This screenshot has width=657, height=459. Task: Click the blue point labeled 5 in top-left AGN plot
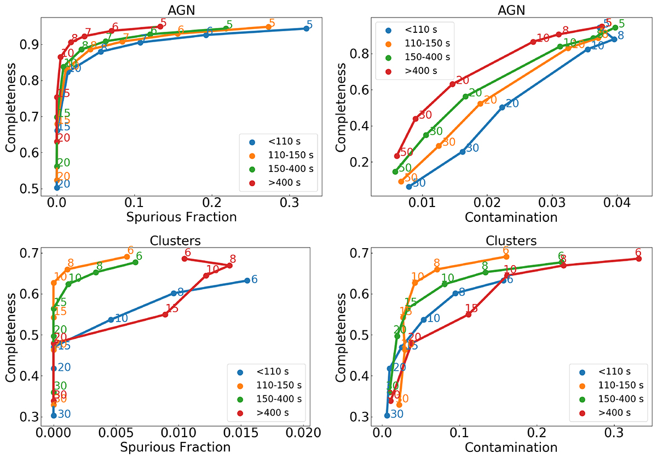pyautogui.click(x=306, y=28)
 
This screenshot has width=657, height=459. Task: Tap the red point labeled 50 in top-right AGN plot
pyautogui.click(x=397, y=156)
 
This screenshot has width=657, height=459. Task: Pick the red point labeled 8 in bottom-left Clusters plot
pyautogui.click(x=229, y=266)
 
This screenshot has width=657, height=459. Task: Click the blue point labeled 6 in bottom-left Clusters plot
pyautogui.click(x=247, y=280)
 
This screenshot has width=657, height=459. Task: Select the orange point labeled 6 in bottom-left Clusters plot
pyautogui.click(x=127, y=257)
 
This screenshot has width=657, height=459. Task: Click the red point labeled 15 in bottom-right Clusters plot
pyautogui.click(x=468, y=314)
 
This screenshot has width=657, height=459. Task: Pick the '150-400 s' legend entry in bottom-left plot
pyautogui.click(x=278, y=398)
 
